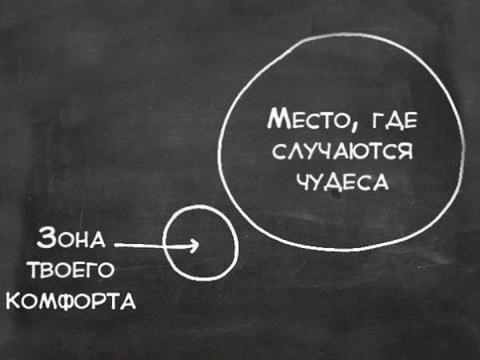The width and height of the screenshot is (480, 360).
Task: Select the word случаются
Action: [x=342, y=151]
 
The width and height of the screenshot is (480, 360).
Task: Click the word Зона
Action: [x=71, y=238]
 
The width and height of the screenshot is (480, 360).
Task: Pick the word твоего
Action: [x=70, y=270]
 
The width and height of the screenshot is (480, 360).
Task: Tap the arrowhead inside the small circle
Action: [x=194, y=245]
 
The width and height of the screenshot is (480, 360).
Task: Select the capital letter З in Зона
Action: [x=45, y=238]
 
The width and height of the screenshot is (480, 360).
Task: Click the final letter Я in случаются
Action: [x=405, y=151]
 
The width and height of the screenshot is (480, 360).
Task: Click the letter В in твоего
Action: [x=48, y=270]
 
